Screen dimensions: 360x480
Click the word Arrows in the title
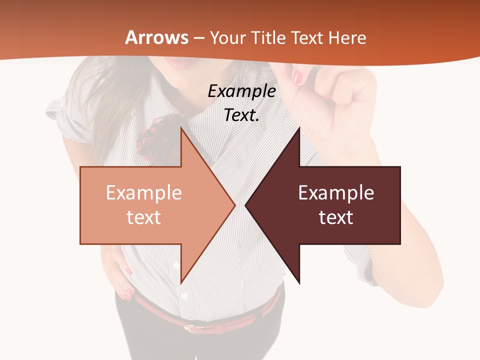coord(156,37)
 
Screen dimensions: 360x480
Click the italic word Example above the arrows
coord(241,91)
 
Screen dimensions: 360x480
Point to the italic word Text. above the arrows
coord(241,115)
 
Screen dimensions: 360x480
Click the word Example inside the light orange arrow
coord(144,192)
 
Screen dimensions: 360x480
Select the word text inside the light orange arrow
coord(144,217)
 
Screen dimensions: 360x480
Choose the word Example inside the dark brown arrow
coord(336,192)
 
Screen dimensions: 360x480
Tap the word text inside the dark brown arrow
coord(336,217)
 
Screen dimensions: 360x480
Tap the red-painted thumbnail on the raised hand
coord(297,77)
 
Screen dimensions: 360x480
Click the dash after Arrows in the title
coord(199,38)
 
